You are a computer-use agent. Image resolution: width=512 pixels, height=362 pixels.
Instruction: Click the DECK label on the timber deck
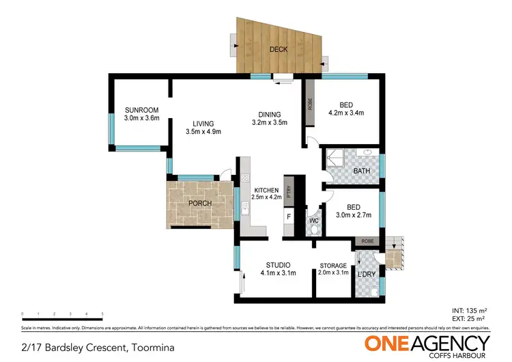coord(278,49)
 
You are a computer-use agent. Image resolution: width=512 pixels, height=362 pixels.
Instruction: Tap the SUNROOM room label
coord(141,110)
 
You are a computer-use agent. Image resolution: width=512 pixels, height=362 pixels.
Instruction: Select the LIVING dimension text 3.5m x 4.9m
coord(203,132)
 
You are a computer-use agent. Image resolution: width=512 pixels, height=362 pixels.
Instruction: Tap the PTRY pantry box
coord(289,191)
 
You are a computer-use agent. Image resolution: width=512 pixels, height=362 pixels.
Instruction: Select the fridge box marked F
coord(288,218)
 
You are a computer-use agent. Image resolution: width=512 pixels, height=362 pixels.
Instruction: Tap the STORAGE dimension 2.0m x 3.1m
coord(333,273)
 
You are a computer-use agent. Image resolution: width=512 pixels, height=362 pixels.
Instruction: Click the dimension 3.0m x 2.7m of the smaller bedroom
coord(353,214)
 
